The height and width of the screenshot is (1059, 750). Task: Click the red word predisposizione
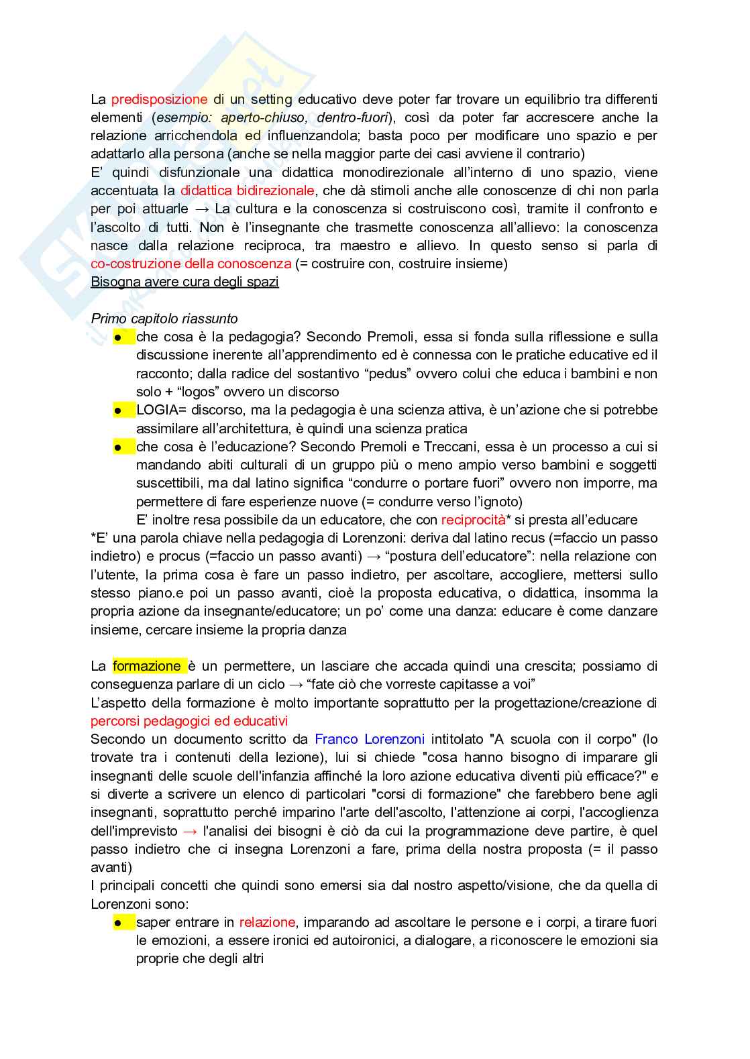pyautogui.click(x=159, y=99)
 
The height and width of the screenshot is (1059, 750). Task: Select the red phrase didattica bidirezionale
pyautogui.click(x=247, y=190)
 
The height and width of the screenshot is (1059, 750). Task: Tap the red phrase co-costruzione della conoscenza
pyautogui.click(x=191, y=264)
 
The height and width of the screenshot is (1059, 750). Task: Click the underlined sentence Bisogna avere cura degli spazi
pyautogui.click(x=184, y=282)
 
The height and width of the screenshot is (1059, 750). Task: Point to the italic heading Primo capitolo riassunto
pyautogui.click(x=164, y=319)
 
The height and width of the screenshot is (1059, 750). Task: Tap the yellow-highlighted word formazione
pyautogui.click(x=147, y=666)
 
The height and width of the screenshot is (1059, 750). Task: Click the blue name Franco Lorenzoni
pyautogui.click(x=370, y=739)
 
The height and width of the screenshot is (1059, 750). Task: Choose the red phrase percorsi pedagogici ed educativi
pyautogui.click(x=189, y=721)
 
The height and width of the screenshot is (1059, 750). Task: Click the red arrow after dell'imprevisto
pyautogui.click(x=190, y=831)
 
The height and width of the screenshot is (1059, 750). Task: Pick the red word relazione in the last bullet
pyautogui.click(x=267, y=922)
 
